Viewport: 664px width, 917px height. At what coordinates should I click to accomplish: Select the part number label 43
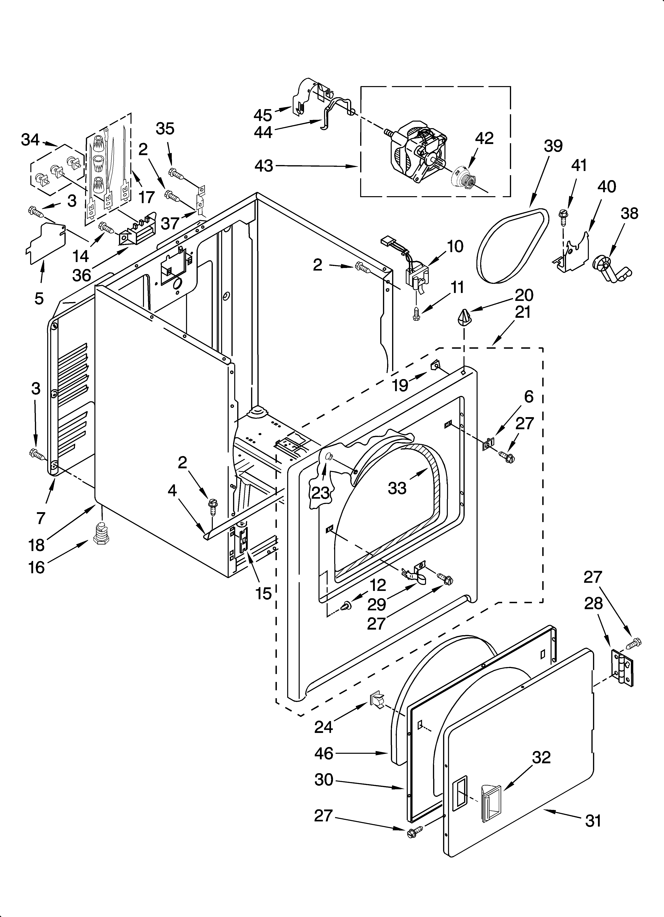264,166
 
